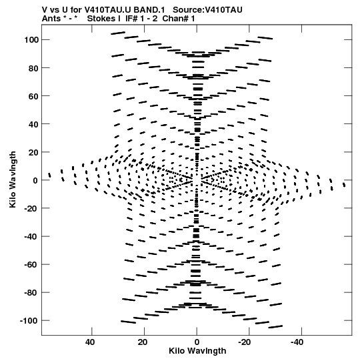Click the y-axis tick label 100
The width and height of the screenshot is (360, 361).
coord(31,40)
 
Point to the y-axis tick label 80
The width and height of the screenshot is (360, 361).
coord(33,68)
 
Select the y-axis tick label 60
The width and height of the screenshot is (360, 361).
coord(33,96)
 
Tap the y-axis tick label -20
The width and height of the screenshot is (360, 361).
coord(31,209)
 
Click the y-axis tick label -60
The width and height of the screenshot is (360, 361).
coord(31,265)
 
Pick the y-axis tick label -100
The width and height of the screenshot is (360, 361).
coord(29,321)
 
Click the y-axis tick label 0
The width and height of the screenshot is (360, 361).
coord(35,180)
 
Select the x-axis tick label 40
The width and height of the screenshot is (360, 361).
coord(90,342)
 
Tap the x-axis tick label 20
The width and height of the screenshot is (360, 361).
coord(143,342)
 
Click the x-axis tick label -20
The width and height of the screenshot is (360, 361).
coord(244,342)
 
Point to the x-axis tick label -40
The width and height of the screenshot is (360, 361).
coord(297,342)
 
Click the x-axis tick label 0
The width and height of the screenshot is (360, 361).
coord(197,342)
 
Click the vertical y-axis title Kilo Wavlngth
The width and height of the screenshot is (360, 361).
coord(13,179)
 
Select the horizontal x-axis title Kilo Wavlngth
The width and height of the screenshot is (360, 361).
coord(197,351)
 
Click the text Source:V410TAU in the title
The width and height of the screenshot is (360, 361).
coord(207,10)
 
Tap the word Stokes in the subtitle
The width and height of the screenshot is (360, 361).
coord(101,19)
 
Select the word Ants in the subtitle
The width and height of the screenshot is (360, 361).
coord(51,19)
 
